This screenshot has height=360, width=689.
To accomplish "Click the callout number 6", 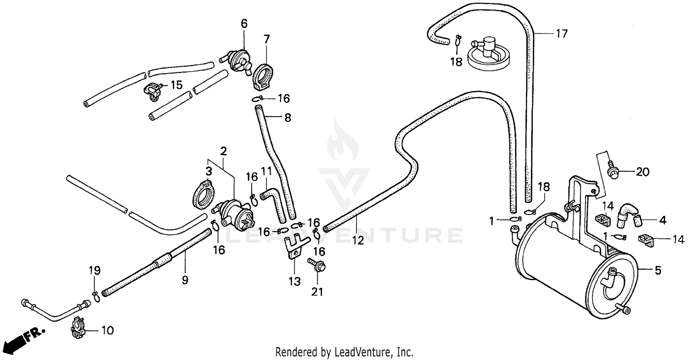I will (x=244, y=24).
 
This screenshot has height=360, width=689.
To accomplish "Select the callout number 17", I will (x=562, y=34).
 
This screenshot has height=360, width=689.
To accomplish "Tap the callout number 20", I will (x=642, y=172).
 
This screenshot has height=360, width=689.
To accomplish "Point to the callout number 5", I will (x=658, y=271).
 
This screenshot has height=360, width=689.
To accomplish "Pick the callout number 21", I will (x=317, y=291).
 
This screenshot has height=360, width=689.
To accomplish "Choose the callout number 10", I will (x=107, y=330).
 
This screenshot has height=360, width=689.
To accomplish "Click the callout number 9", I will (x=185, y=280).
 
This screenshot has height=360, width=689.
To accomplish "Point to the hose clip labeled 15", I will (x=153, y=90).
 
